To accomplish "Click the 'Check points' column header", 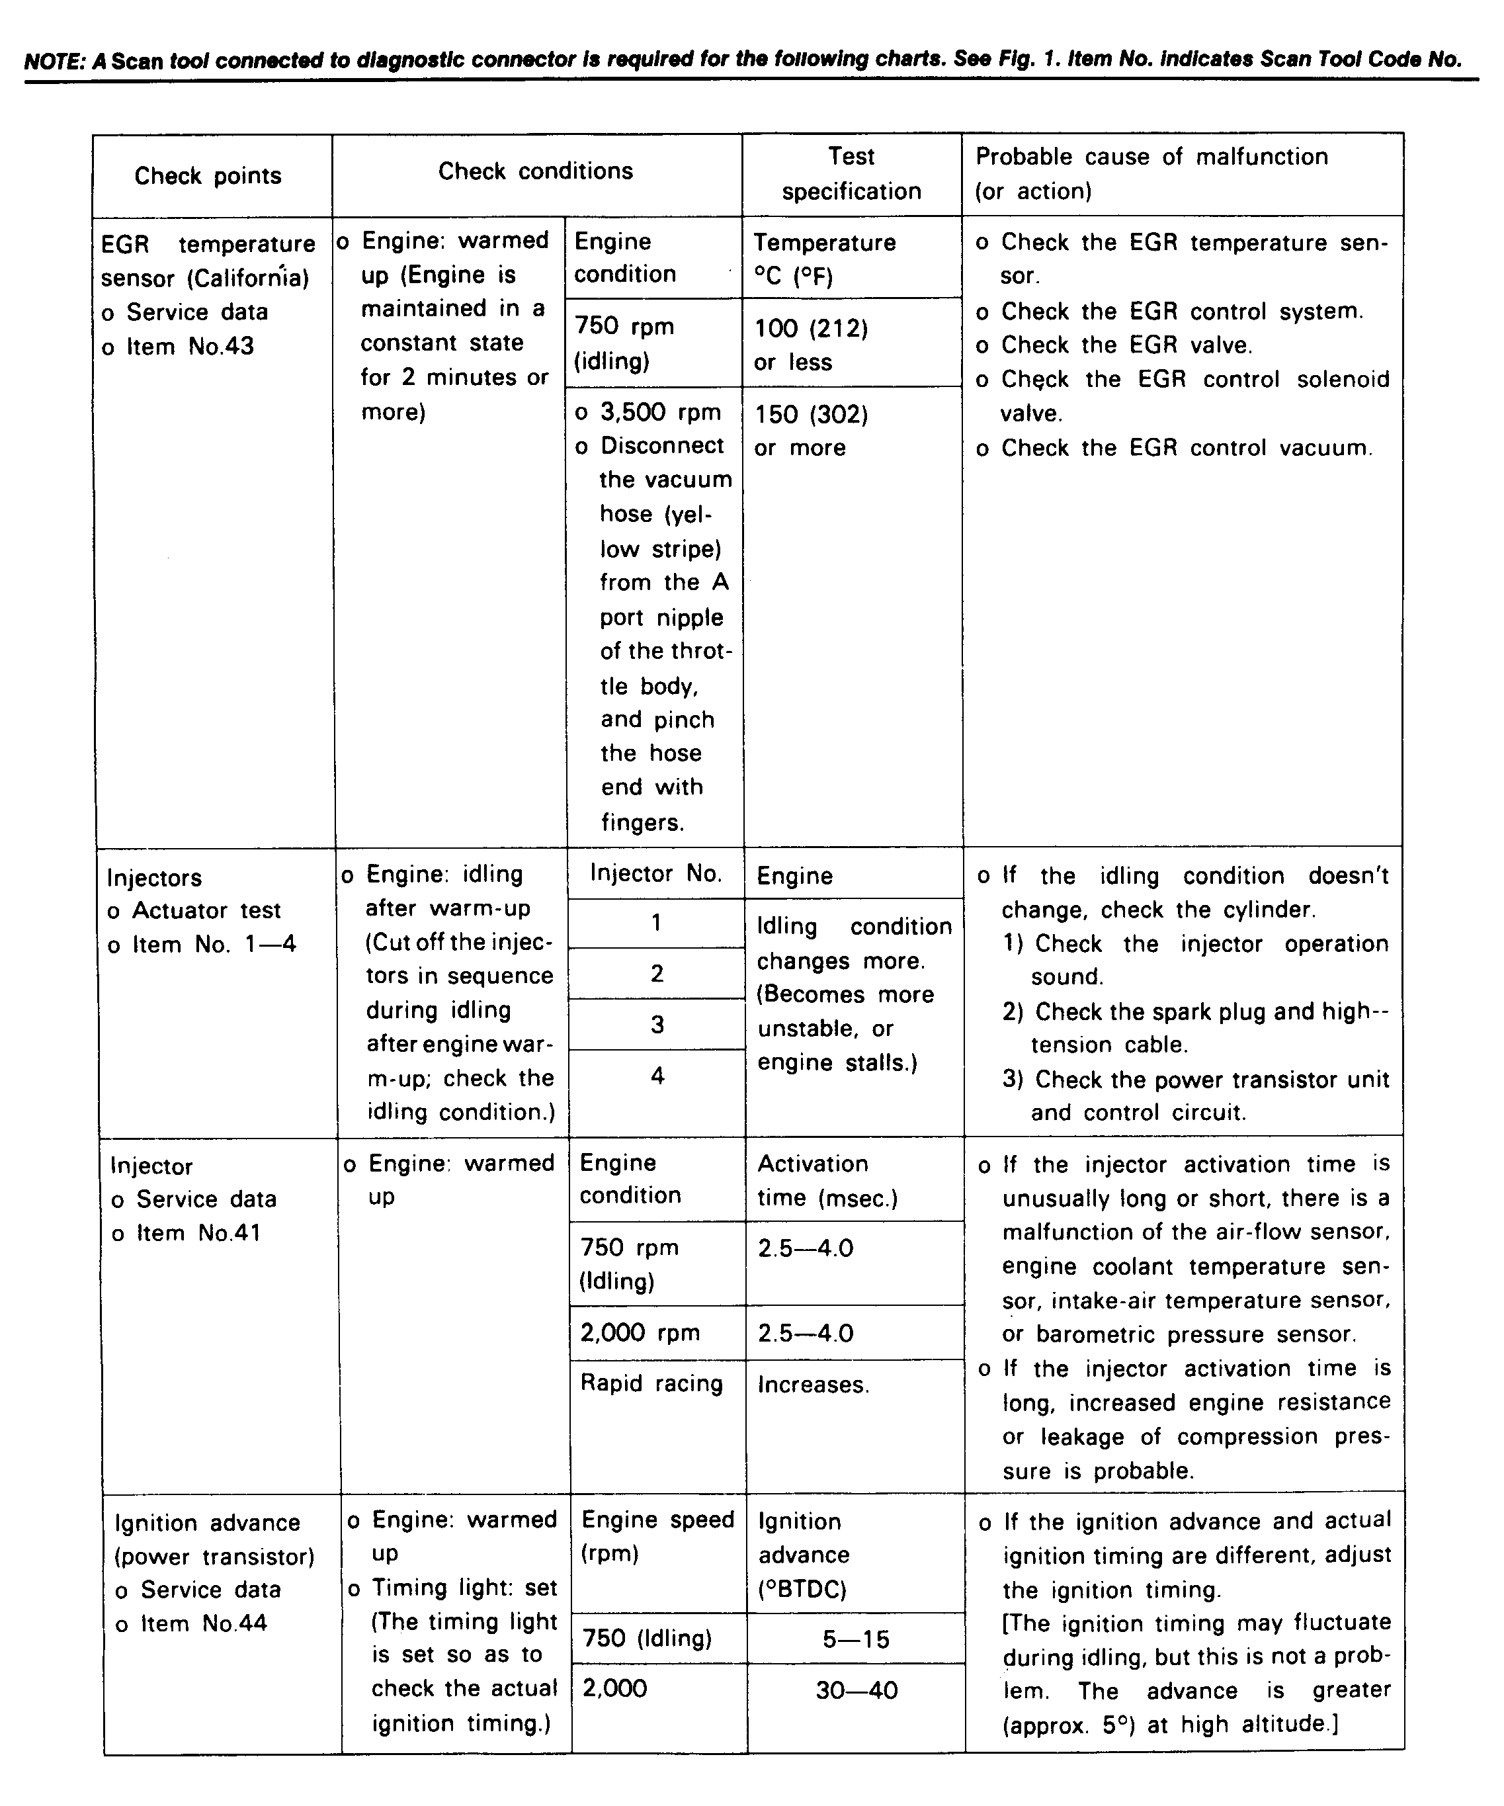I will click(x=208, y=175).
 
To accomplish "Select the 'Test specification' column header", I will click(x=851, y=174).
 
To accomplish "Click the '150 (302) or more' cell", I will click(x=810, y=431).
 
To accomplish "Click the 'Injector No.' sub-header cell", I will click(x=655, y=874).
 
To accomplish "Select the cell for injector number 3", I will click(x=657, y=1024).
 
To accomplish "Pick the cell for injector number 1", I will click(x=656, y=923).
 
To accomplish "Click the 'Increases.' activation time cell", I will click(x=813, y=1385).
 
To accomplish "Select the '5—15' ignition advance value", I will click(x=856, y=1639).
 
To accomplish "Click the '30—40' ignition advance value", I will click(x=856, y=1691).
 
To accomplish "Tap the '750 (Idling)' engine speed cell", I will click(x=647, y=1638).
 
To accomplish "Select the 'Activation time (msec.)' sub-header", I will click(x=827, y=1181).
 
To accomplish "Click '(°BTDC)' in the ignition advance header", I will click(x=802, y=1589).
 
